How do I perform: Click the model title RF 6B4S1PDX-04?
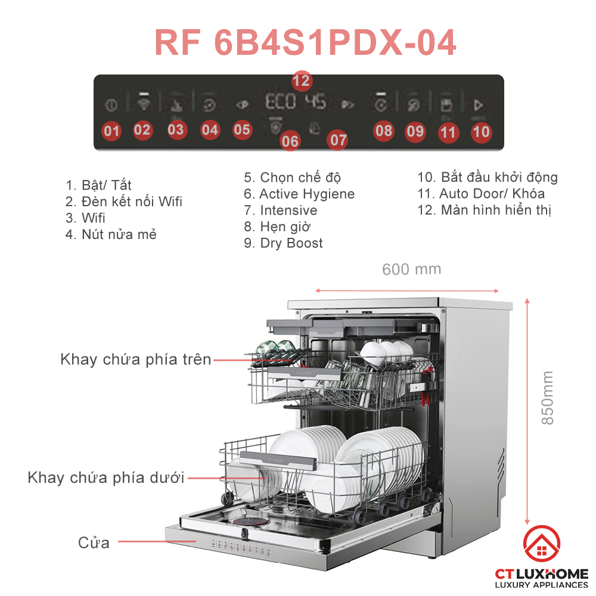click(305, 42)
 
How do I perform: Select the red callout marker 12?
click(302, 80)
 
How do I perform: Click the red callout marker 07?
click(338, 140)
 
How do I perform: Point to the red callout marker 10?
click(481, 132)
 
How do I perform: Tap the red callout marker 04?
click(210, 129)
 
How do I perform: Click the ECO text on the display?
click(281, 102)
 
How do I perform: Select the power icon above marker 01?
click(111, 105)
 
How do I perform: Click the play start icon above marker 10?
click(477, 105)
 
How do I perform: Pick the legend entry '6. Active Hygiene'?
click(299, 194)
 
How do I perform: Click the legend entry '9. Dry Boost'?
click(284, 243)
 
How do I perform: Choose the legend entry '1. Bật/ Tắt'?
click(98, 185)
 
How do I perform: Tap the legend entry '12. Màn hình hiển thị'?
click(484, 210)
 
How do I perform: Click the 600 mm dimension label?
click(411, 269)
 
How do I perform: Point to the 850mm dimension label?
click(547, 398)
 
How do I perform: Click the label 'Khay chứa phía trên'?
click(136, 359)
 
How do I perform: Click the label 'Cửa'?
click(94, 543)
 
